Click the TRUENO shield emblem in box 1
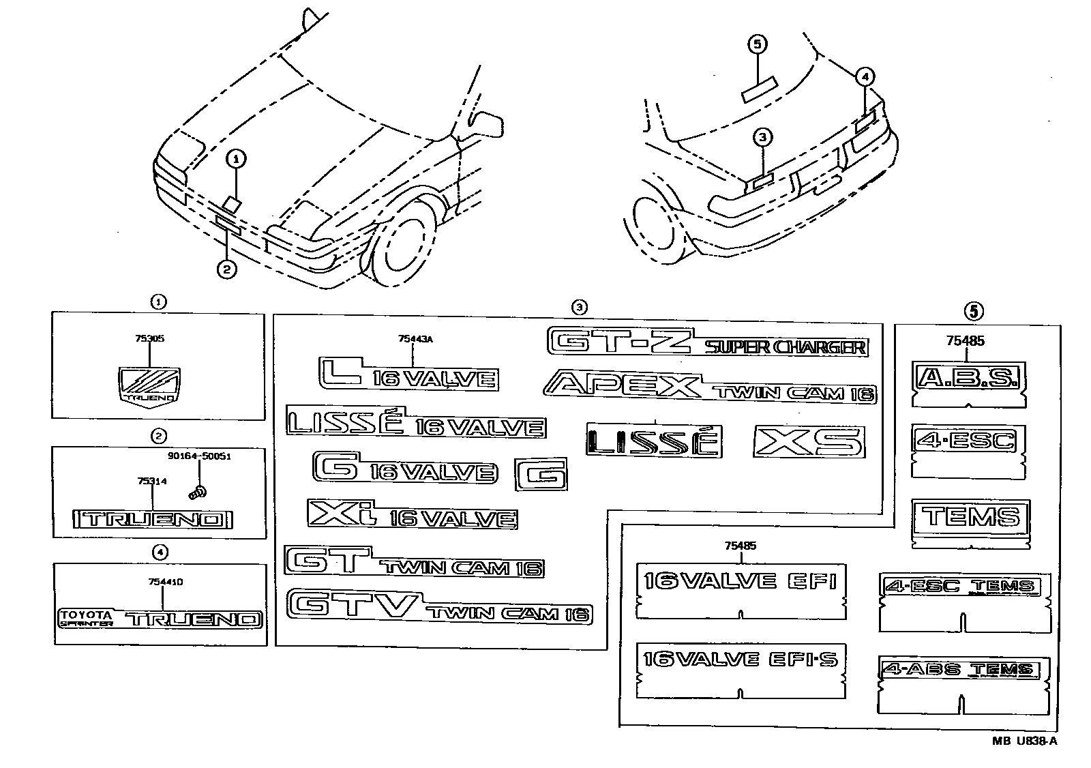coord(149,386)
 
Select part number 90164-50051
coord(198,456)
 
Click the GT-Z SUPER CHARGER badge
coord(707,342)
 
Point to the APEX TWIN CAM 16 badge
coord(710,387)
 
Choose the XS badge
coord(809,442)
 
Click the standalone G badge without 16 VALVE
coord(541,473)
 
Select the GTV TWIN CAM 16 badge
coord(439,606)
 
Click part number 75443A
coord(416,338)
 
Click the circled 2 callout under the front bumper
coord(226,270)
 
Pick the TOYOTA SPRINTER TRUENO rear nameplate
coord(160,618)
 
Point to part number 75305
coord(150,338)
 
